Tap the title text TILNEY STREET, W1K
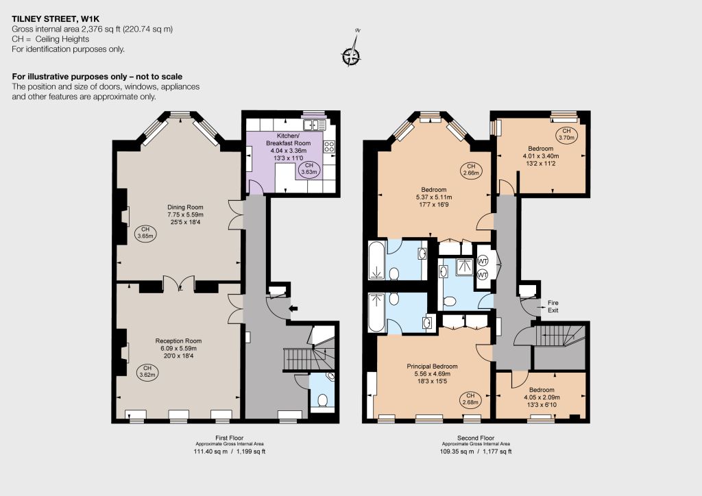coord(56,18)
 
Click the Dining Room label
coord(185,207)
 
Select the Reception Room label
coord(179,340)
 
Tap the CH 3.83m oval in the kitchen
coord(309,169)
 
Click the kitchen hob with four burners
coord(329,146)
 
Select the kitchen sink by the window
coord(315,125)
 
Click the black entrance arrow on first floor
coord(293,308)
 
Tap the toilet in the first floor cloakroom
coord(322,400)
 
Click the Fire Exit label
coord(553,306)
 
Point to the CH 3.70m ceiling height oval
coord(566,135)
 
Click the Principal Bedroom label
coord(432,367)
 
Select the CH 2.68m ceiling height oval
coord(470,399)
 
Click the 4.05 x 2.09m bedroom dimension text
coord(542,397)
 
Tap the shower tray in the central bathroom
coord(464,267)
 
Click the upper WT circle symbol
coord(483,261)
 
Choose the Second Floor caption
coord(476,438)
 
